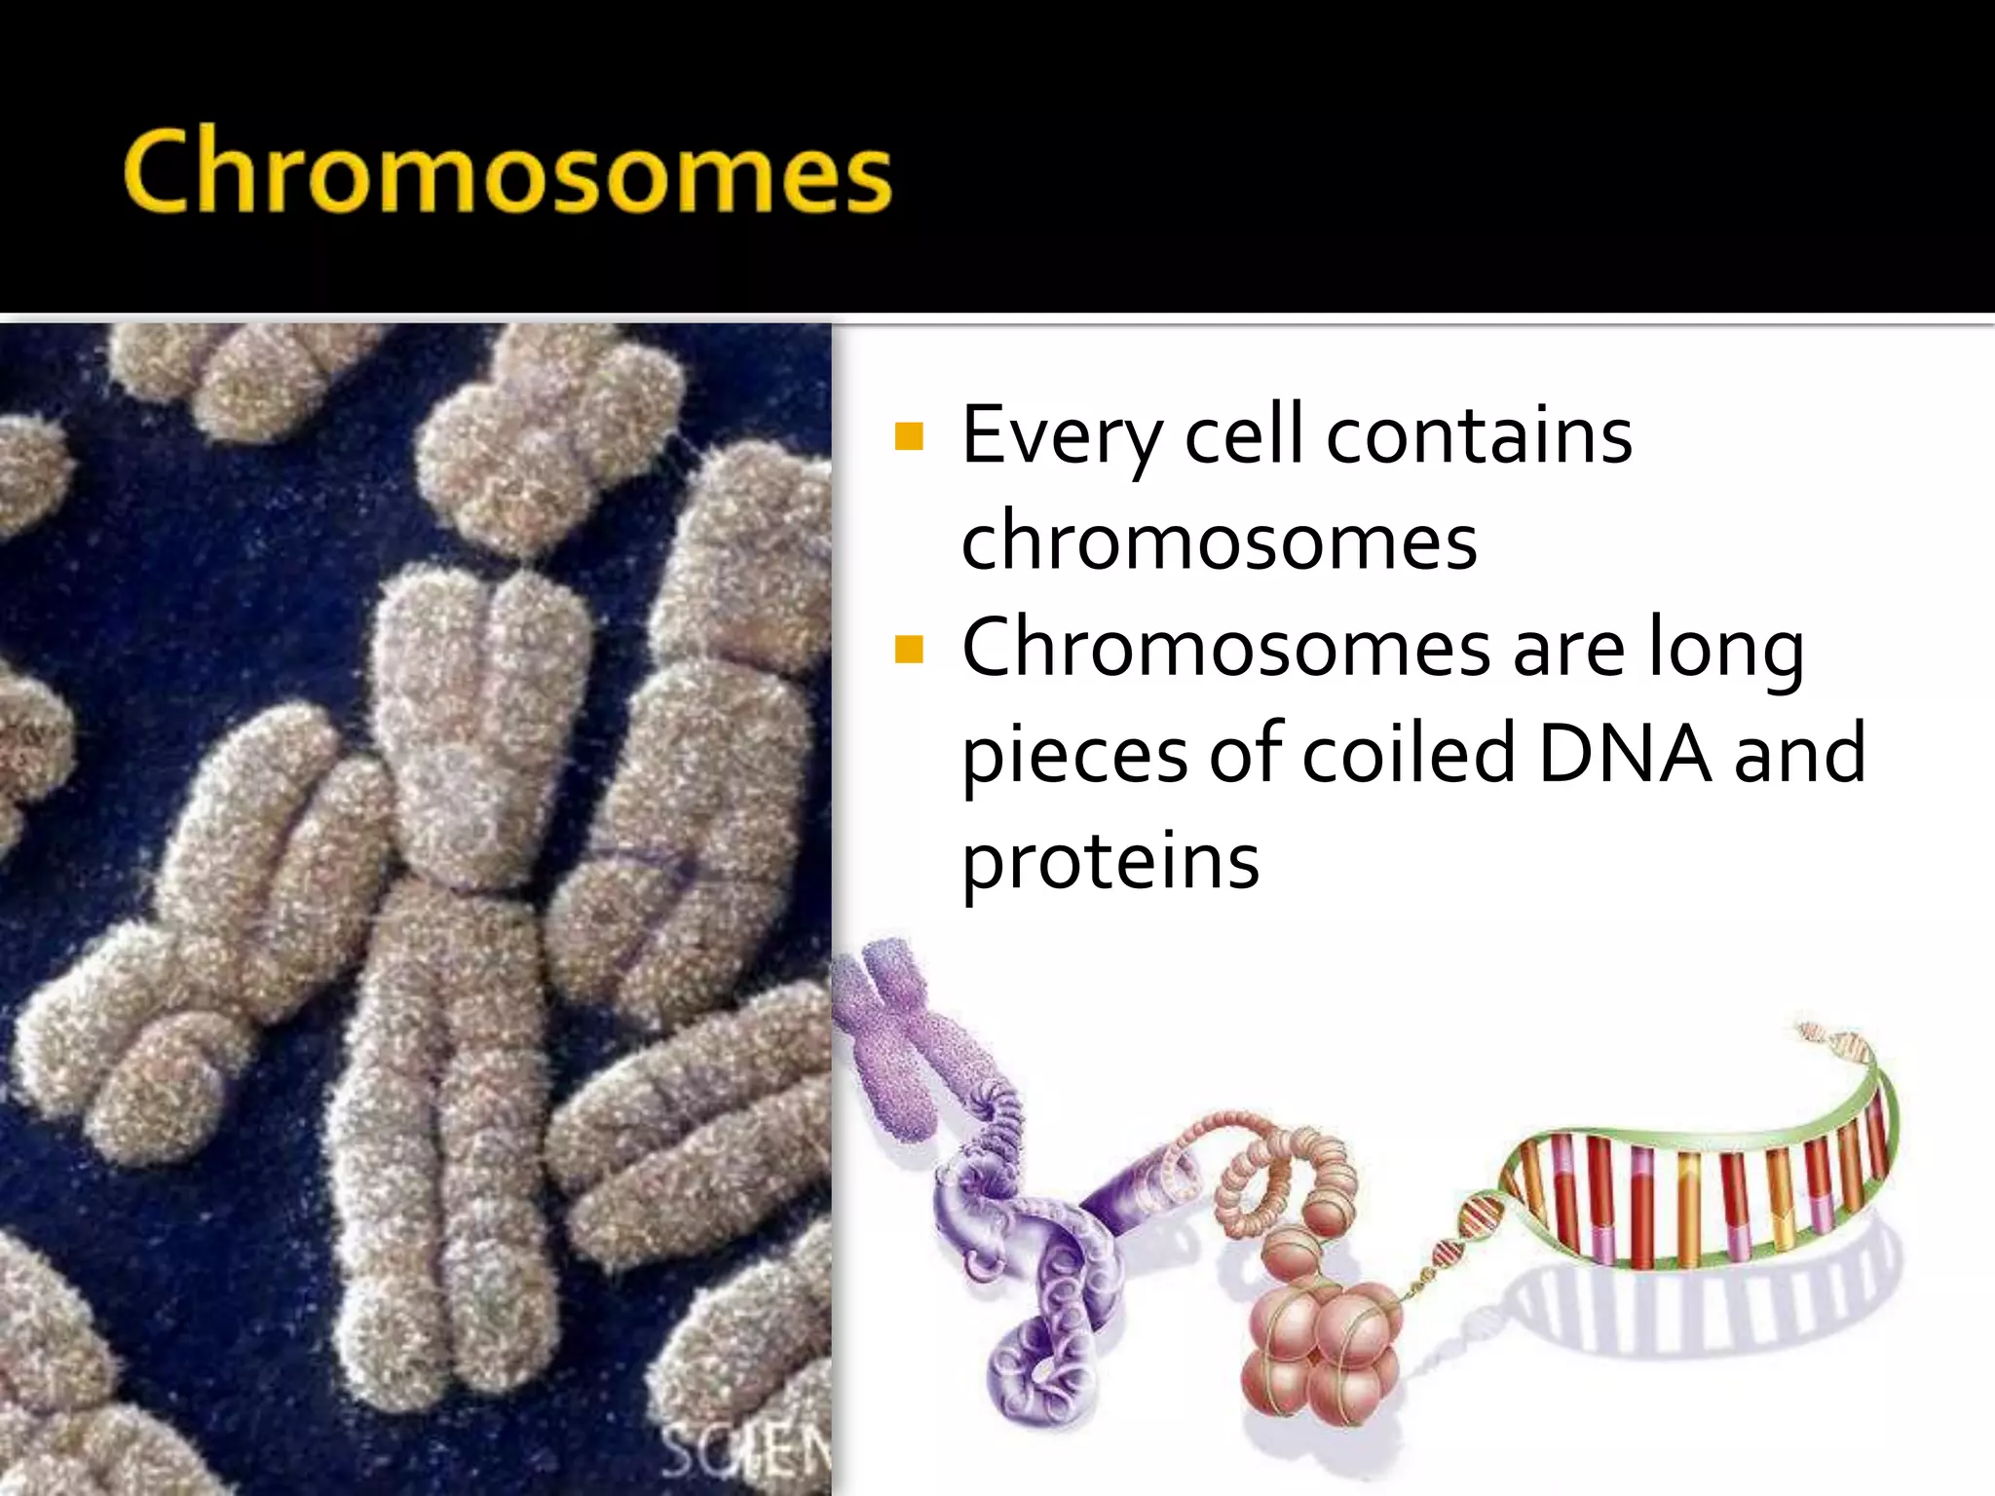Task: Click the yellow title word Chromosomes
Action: [507, 171]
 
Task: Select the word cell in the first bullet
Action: [1243, 434]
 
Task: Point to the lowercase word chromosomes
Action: [1219, 542]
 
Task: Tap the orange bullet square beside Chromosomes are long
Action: [908, 649]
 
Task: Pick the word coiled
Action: [1409, 754]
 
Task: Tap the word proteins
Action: [1110, 861]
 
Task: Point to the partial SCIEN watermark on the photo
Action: [746, 1455]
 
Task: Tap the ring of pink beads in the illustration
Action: [1286, 1183]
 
